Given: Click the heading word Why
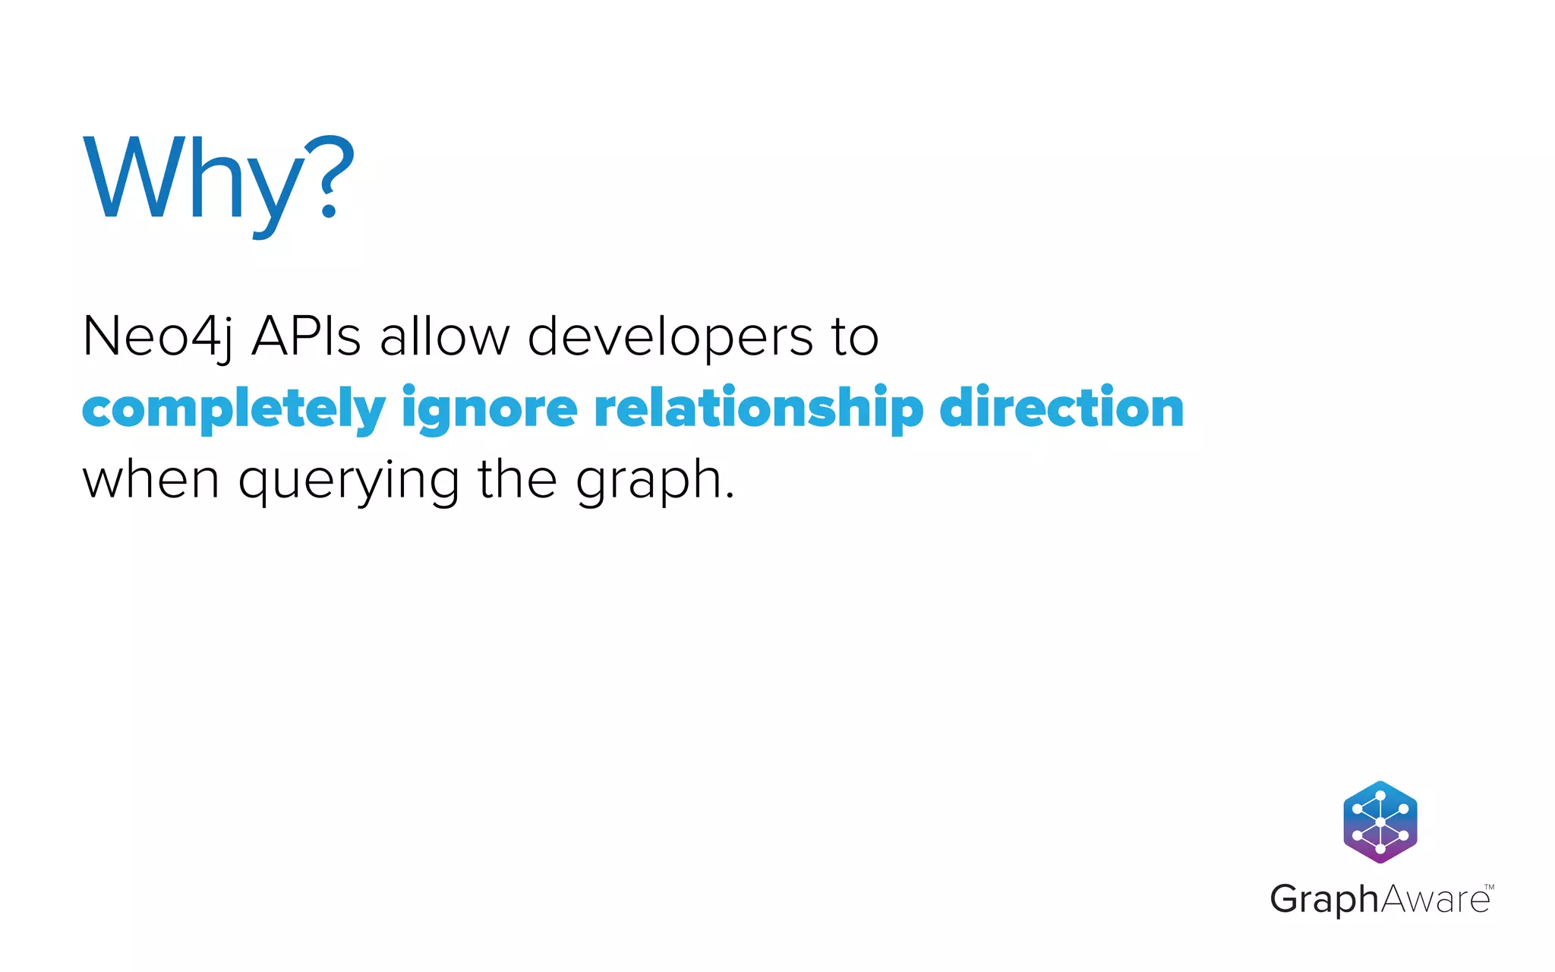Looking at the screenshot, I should (194, 180).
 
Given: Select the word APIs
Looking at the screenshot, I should (306, 336).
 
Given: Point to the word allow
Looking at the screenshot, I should (445, 336).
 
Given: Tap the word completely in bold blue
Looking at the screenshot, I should (234, 409).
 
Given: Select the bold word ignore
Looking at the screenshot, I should (490, 409).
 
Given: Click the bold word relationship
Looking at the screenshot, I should (759, 409).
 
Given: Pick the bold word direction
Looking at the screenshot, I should (1061, 408).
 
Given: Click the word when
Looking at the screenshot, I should (151, 480).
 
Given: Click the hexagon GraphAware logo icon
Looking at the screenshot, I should (1380, 822).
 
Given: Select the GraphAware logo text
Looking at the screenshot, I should (1379, 900).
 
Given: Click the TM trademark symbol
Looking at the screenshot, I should (1489, 887).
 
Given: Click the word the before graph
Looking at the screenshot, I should (517, 479).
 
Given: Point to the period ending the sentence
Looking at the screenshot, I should (730, 496).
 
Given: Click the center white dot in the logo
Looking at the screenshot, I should (1380, 822).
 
